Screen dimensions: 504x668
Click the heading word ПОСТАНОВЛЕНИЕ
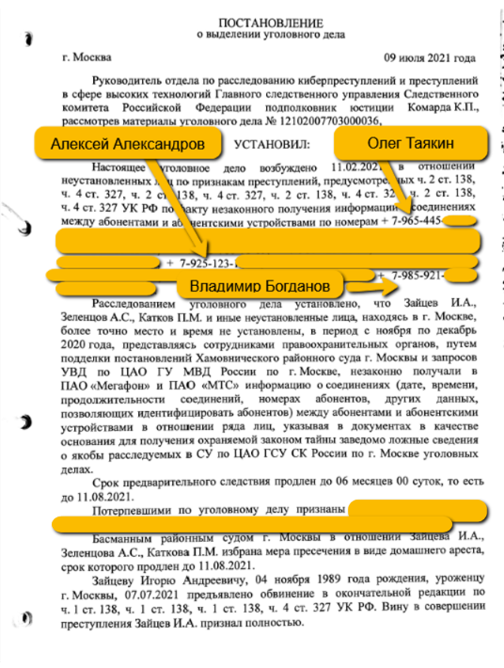(270, 21)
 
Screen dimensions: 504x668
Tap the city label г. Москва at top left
(86, 57)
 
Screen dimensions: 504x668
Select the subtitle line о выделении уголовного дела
(270, 35)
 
